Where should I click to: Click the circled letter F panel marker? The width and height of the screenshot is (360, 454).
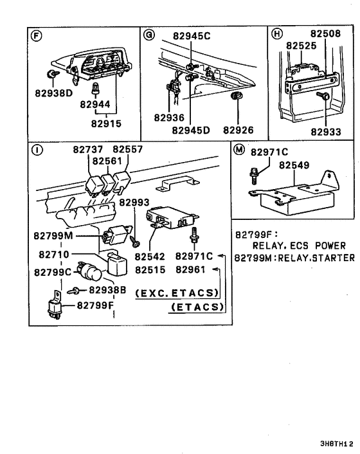[36, 36]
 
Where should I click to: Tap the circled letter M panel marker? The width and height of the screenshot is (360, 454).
[239, 150]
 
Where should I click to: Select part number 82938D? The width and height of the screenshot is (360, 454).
[53, 93]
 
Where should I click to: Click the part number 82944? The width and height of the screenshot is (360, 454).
[95, 104]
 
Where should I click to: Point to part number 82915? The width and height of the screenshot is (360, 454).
[106, 123]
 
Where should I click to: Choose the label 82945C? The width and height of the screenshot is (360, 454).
[192, 36]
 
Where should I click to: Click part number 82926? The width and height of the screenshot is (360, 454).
[238, 130]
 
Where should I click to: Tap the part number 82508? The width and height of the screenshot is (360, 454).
[325, 33]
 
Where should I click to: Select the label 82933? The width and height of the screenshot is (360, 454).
[326, 132]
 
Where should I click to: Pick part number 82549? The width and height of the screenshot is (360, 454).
[294, 165]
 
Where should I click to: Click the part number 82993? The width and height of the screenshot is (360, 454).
[134, 203]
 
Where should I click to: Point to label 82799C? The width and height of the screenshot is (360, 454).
[53, 273]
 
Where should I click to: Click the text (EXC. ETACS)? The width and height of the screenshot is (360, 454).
[177, 293]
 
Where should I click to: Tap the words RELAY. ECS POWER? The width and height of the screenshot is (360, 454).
[299, 246]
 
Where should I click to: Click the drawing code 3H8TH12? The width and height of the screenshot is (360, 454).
[337, 444]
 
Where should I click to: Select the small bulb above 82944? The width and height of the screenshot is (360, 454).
[94, 88]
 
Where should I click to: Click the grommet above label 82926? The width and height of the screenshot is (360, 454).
[237, 96]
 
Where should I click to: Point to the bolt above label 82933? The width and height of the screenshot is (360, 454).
[323, 95]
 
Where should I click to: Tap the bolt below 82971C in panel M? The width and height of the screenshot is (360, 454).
[253, 176]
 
